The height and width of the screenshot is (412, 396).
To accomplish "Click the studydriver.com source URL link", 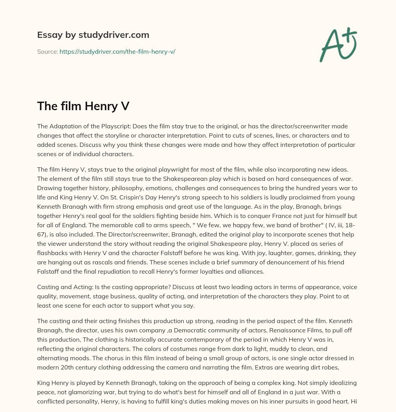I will click(x=117, y=51).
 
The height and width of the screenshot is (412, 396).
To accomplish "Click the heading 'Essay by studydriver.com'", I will click(x=93, y=35).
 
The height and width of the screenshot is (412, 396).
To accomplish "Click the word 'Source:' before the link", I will click(x=47, y=51).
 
